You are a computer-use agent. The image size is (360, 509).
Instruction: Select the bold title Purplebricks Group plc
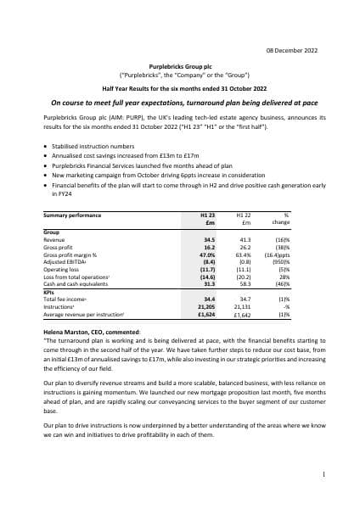point(179,64)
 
